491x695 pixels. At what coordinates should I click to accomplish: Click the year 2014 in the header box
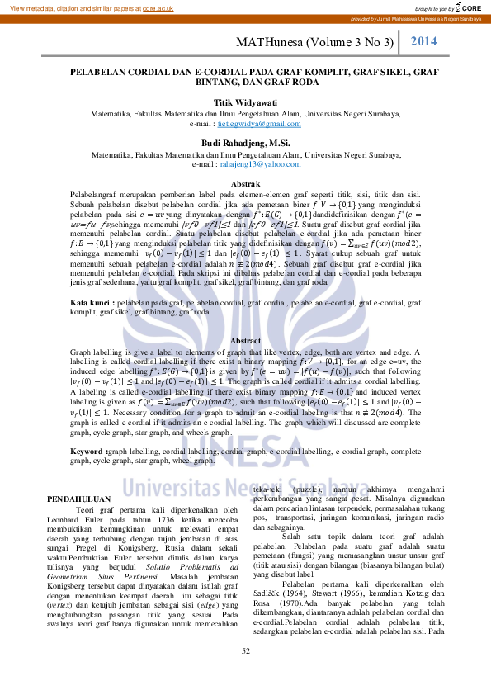(x=423, y=40)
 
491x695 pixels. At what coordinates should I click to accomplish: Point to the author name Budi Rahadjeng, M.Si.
(x=246, y=143)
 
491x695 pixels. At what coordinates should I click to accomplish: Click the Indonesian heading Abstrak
(x=245, y=182)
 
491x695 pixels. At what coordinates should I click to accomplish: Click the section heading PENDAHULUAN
(x=79, y=499)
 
